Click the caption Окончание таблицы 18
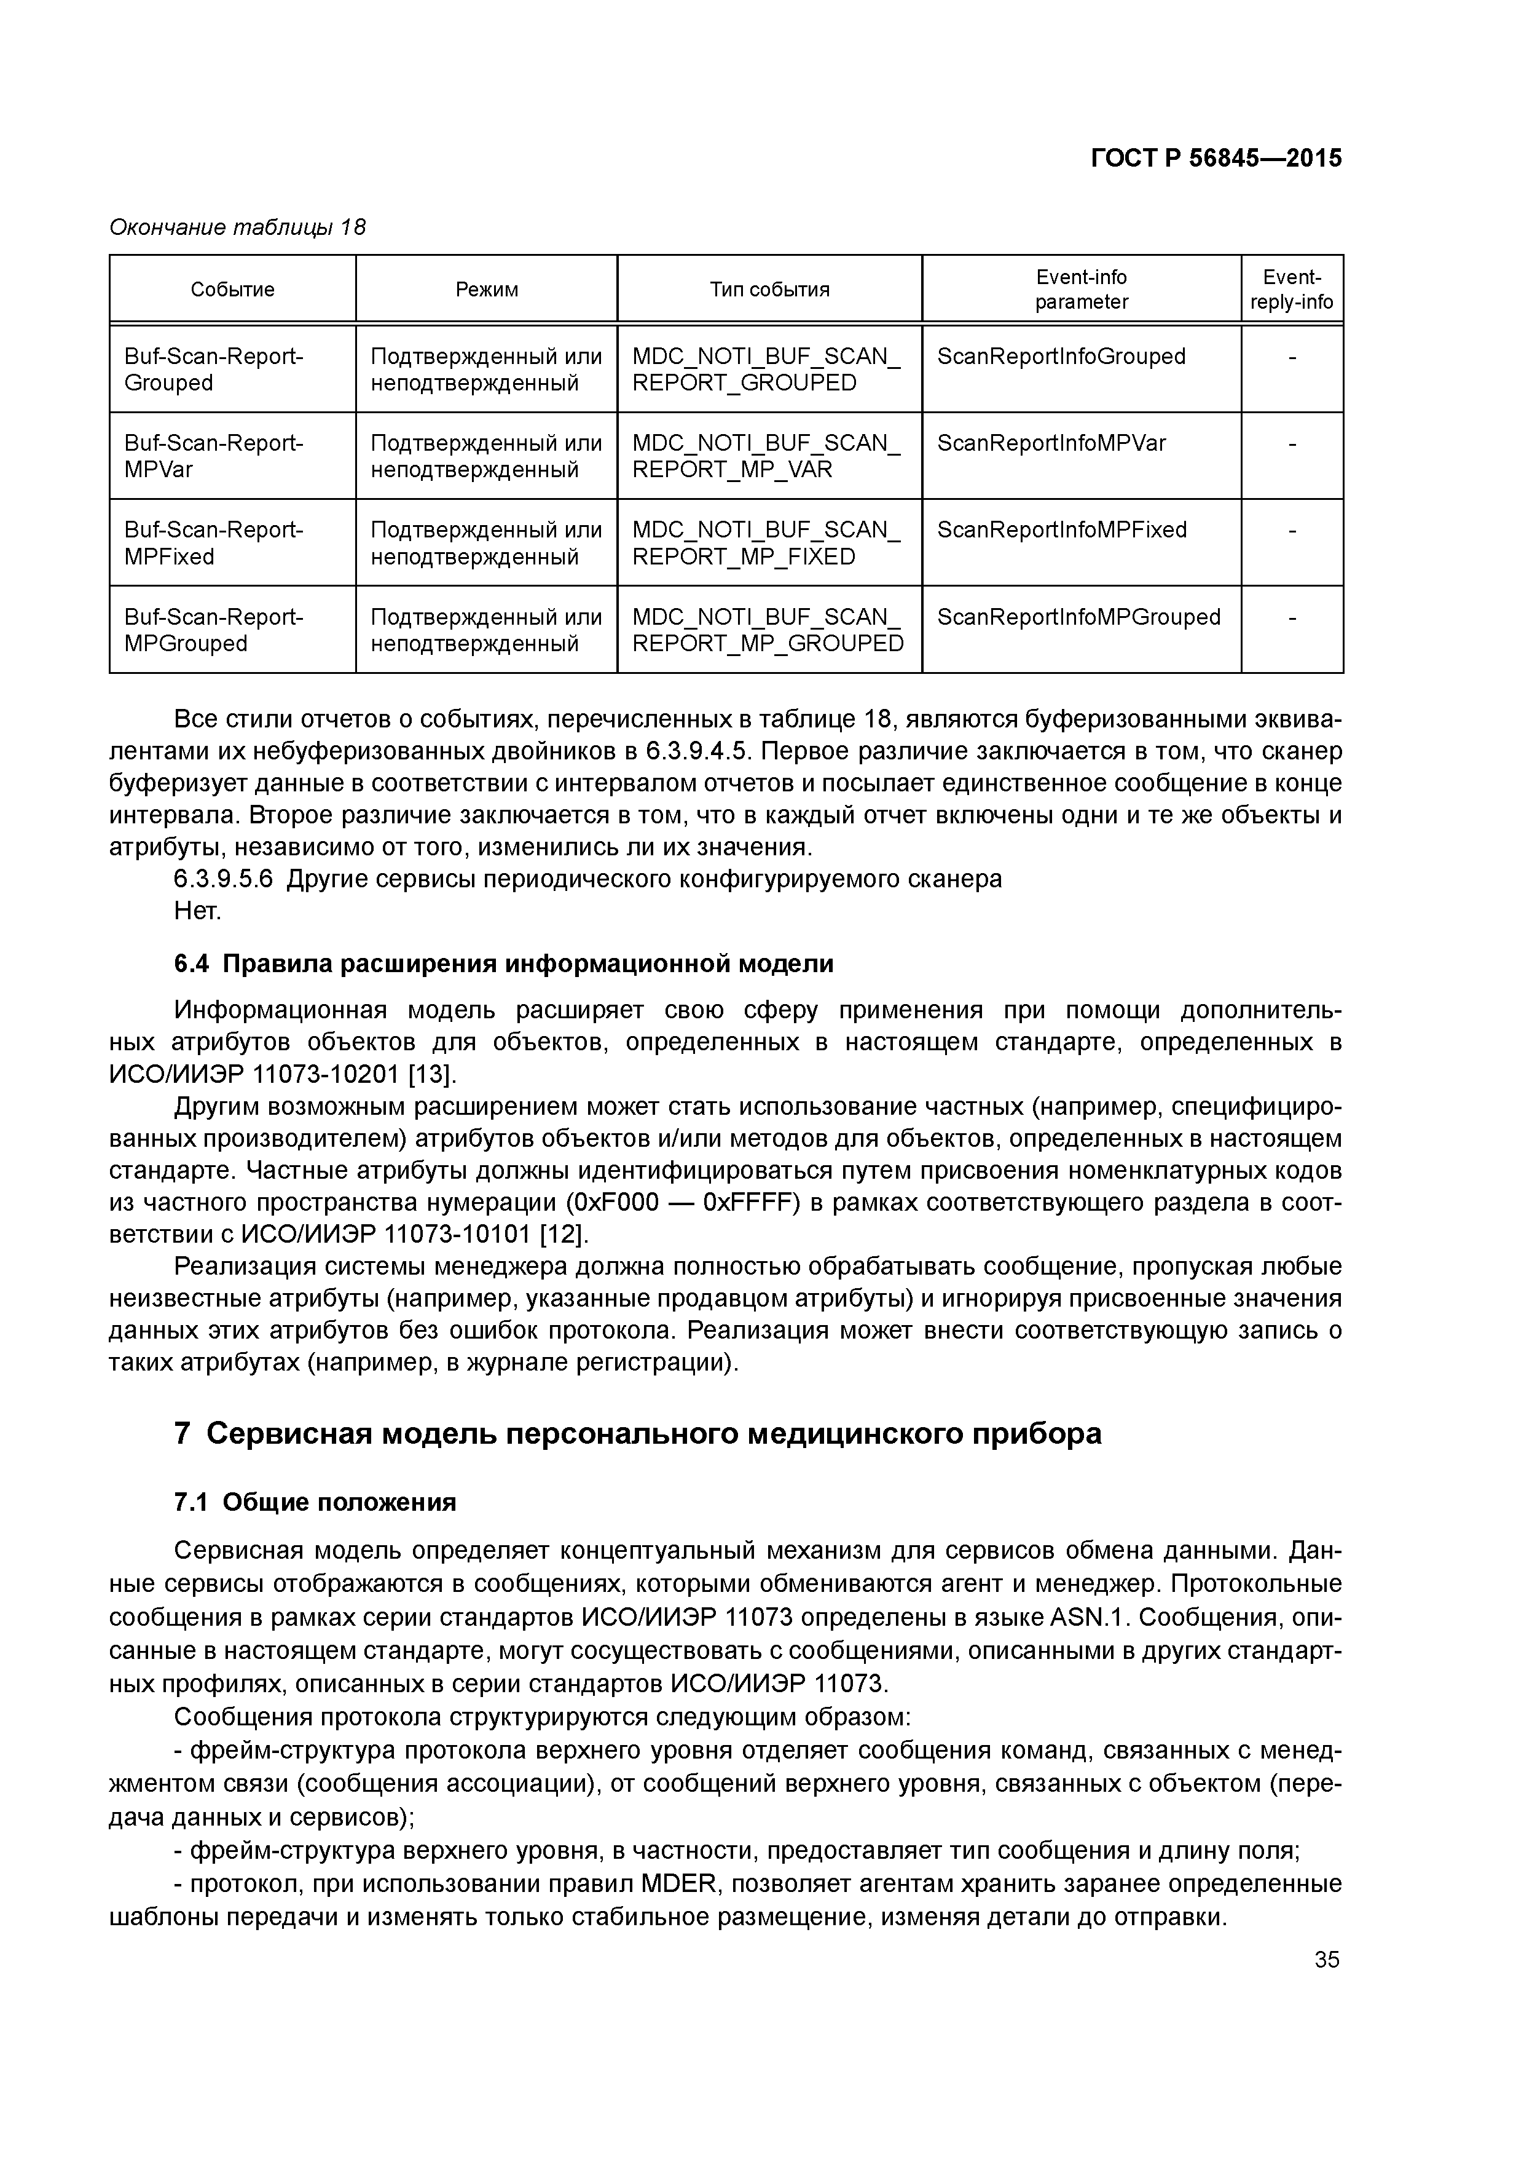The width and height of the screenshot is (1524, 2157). pyautogui.click(x=238, y=228)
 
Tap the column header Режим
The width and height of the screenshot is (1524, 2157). pyautogui.click(x=487, y=290)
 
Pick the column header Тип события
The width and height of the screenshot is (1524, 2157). pyautogui.click(x=769, y=290)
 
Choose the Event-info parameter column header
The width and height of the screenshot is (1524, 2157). pyautogui.click(x=1081, y=290)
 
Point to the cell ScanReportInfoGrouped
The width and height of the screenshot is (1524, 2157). pyautogui.click(x=1061, y=357)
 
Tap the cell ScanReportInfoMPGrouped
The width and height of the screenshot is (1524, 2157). pyautogui.click(x=1078, y=617)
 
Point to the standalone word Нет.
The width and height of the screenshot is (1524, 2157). pyautogui.click(x=197, y=911)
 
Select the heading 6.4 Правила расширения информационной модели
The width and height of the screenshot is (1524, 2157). pyautogui.click(x=503, y=964)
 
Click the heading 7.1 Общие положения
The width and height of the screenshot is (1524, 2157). pyautogui.click(x=315, y=1502)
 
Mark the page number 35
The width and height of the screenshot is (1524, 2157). pyautogui.click(x=1327, y=1960)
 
